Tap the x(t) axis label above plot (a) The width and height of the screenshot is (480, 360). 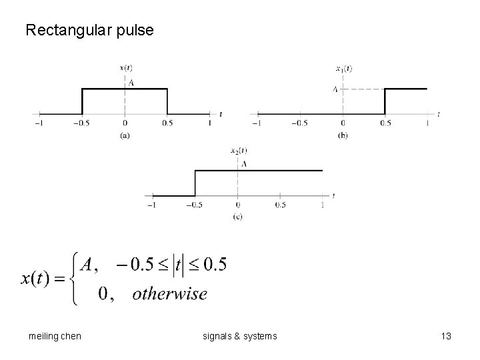[x=125, y=67]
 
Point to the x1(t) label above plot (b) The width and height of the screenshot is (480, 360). [x=343, y=67]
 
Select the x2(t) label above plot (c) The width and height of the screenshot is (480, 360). [x=238, y=150]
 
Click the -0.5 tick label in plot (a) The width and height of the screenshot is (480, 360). [x=81, y=123]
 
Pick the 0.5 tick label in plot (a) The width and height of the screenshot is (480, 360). [x=167, y=123]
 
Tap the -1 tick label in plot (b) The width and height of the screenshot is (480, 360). [x=255, y=123]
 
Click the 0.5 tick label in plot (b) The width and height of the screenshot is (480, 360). [x=385, y=123]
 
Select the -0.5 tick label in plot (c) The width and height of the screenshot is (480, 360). [x=194, y=205]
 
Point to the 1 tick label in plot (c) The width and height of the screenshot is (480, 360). [x=323, y=205]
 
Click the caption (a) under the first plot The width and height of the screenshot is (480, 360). [x=125, y=135]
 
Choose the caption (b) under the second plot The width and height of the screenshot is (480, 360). [x=343, y=135]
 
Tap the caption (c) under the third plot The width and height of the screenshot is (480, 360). [x=237, y=217]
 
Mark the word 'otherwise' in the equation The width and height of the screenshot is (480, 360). [x=169, y=294]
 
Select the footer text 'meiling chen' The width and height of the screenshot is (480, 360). [x=51, y=337]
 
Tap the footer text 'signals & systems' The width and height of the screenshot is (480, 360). [x=239, y=337]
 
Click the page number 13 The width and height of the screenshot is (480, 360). [x=446, y=337]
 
